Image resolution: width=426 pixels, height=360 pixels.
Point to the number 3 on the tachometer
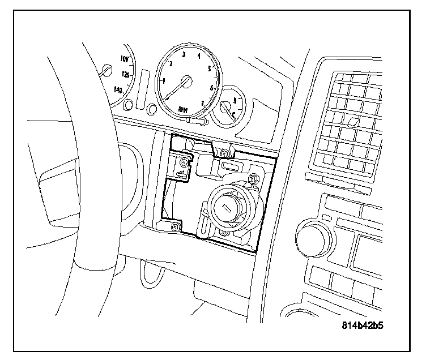point(184,54)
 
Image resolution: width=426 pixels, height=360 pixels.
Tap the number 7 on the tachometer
point(203,102)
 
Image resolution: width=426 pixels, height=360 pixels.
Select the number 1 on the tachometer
point(164,81)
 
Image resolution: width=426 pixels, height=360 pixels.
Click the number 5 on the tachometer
point(210,69)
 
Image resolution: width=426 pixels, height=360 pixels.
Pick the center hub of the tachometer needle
point(186,82)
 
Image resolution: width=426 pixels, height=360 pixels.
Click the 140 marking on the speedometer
point(118,89)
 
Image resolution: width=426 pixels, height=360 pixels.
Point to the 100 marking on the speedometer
point(125,58)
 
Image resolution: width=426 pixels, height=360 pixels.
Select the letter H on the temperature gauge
point(234,100)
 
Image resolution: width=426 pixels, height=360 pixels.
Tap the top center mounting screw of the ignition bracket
point(225,153)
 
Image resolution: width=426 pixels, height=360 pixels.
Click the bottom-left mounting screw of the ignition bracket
point(175,227)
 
